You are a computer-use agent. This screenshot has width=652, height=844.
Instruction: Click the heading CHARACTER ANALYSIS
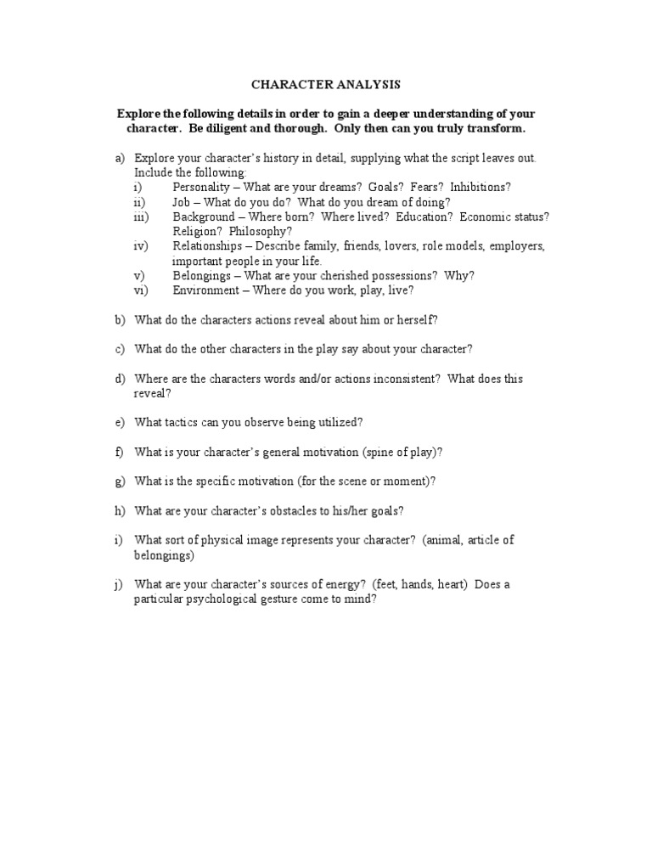point(326,85)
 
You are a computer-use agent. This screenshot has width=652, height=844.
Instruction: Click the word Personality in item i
point(200,187)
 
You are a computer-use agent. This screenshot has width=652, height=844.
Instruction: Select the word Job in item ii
point(182,202)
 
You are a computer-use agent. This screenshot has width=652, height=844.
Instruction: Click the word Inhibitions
point(481,187)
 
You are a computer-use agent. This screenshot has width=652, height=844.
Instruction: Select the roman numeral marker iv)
point(141,246)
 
